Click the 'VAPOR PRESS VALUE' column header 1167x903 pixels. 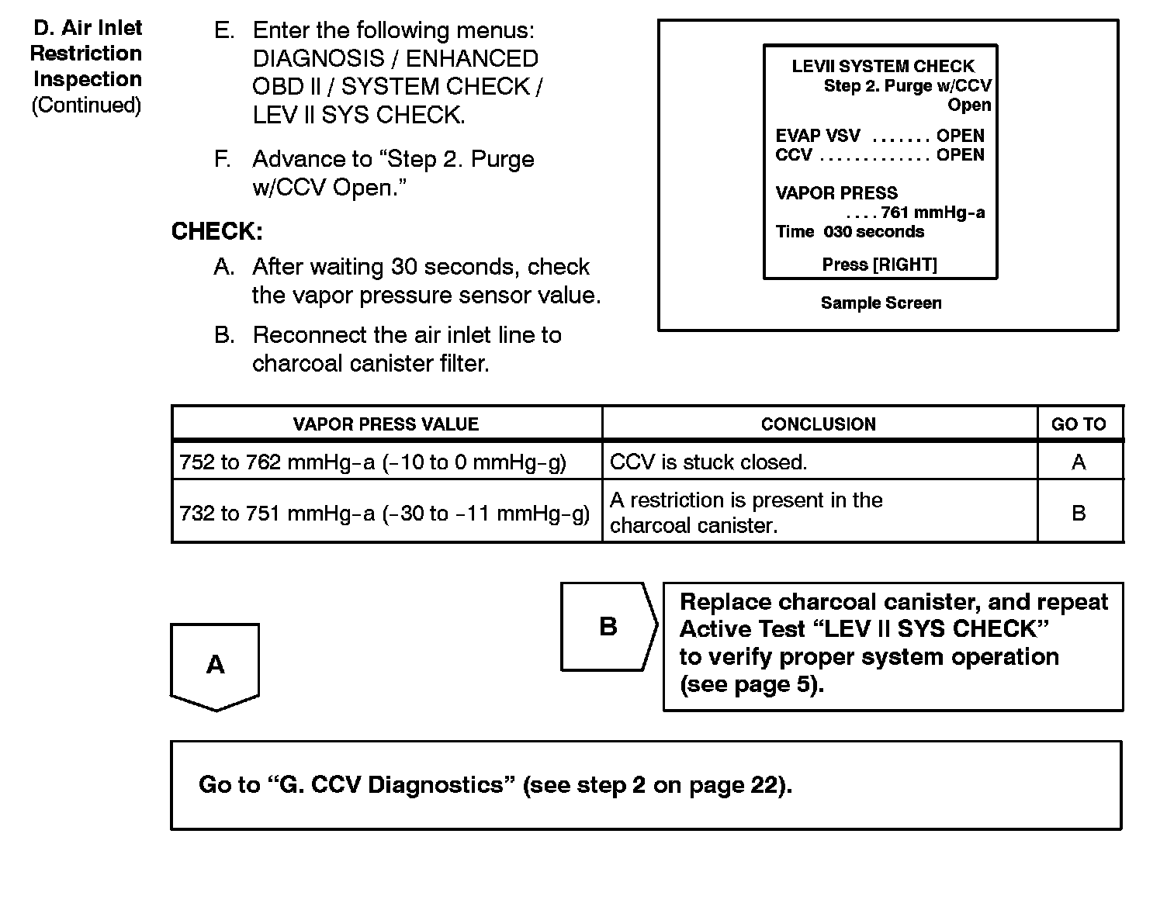[x=386, y=424]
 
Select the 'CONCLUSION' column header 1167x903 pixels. [x=818, y=424]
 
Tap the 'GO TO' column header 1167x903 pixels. [x=1078, y=424]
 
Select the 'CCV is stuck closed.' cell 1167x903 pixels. [x=708, y=462]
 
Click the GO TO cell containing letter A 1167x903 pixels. [x=1079, y=462]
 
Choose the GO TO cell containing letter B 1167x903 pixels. [x=1079, y=513]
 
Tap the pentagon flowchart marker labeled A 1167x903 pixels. [x=215, y=665]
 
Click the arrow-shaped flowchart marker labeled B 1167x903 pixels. [x=608, y=626]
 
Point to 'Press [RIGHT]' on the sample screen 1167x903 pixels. [x=879, y=265]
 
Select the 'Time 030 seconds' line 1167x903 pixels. [x=850, y=232]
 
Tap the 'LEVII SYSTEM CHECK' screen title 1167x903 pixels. [x=882, y=67]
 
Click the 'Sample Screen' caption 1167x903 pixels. [x=881, y=303]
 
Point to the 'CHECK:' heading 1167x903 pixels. [x=216, y=231]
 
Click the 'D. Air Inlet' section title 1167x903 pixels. [x=88, y=29]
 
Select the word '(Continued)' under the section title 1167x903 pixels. [x=86, y=106]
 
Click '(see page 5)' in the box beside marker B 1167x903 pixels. [x=751, y=685]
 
